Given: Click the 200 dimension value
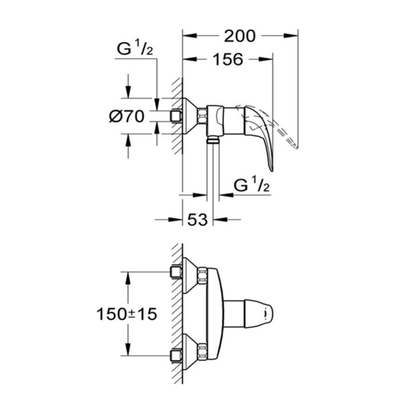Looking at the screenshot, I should (240, 36).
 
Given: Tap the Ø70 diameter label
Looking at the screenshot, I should (125, 116).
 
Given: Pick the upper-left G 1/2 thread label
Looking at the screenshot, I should (135, 49).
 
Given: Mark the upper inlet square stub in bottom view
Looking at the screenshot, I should (176, 271).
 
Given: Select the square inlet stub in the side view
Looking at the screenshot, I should (176, 116).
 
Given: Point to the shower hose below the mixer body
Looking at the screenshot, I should (213, 172).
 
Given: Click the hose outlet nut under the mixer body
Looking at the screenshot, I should (213, 139).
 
